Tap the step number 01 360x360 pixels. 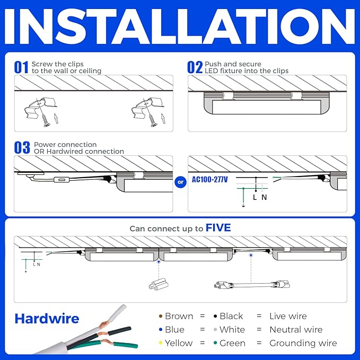[x=21, y=67]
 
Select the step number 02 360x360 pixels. [x=195, y=67]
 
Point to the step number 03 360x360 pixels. [x=22, y=147]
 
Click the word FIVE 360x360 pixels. [x=218, y=228]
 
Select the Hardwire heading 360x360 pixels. [x=47, y=319]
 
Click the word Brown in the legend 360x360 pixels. [x=179, y=316]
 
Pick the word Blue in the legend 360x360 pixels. [x=174, y=329]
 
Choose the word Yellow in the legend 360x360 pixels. [x=179, y=343]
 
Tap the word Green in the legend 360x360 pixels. [x=232, y=343]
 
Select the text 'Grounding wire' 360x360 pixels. [x=303, y=343]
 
